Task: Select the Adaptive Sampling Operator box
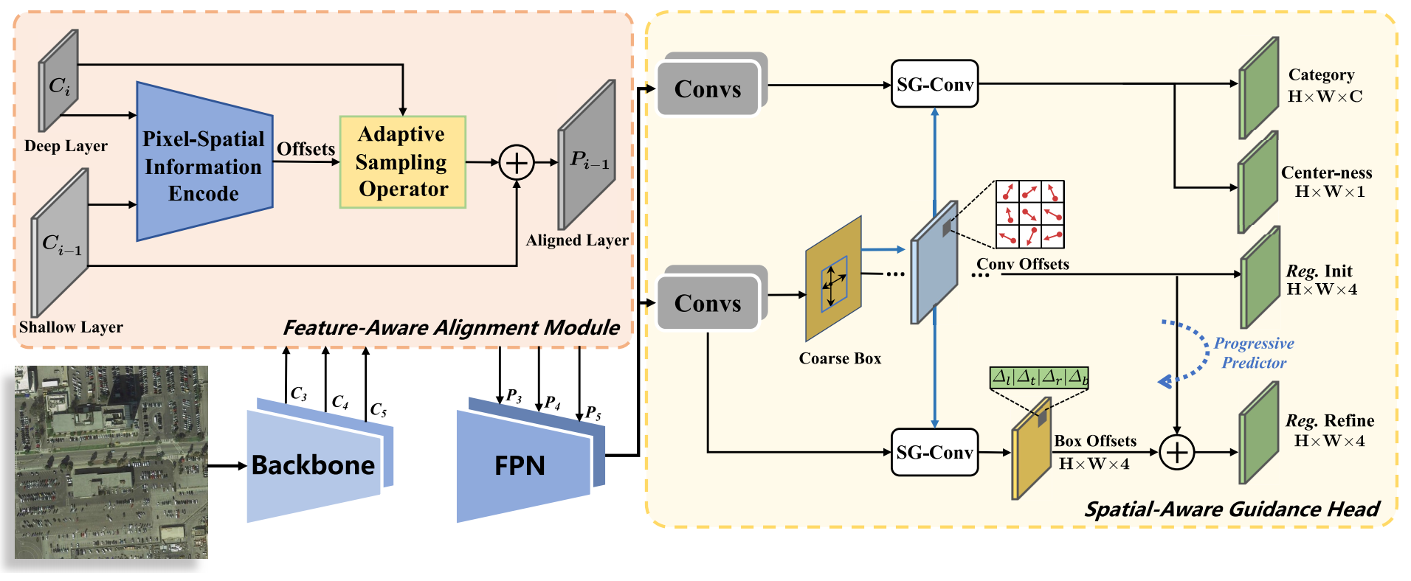[402, 162]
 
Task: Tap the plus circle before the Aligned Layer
[517, 162]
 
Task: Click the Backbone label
[313, 465]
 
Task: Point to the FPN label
[520, 466]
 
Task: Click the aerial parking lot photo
[111, 462]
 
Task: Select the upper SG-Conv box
[934, 85]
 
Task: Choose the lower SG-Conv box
[934, 453]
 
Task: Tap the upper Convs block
[708, 89]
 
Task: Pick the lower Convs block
[708, 303]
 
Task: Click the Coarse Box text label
[840, 359]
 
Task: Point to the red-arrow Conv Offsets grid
[1029, 214]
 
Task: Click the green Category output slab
[1258, 88]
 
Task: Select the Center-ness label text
[1326, 173]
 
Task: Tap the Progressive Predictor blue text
[1254, 353]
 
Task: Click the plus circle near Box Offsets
[1176, 452]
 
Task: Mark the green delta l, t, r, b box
[1038, 378]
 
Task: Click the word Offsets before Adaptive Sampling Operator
[306, 149]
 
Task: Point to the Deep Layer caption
[66, 146]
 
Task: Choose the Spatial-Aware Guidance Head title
[1231, 509]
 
